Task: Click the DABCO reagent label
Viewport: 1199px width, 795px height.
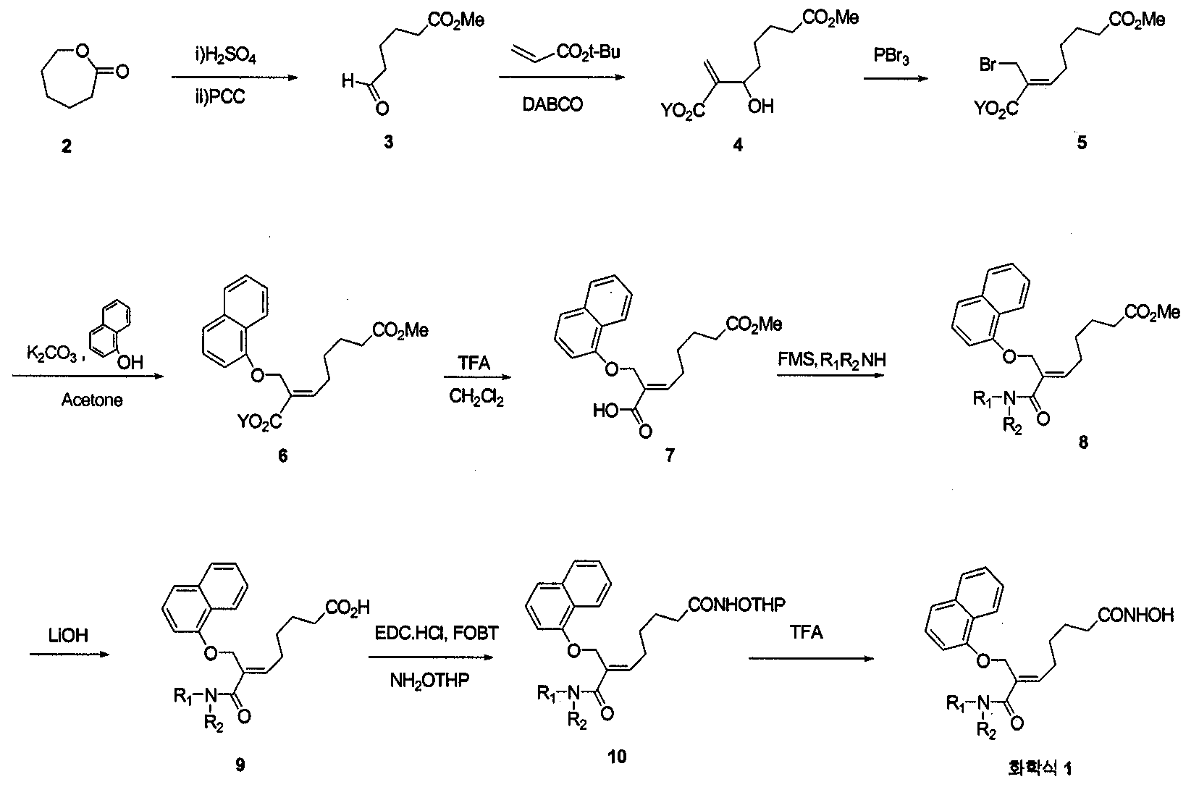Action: tap(552, 104)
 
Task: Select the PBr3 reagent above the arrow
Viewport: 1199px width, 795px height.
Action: tap(891, 56)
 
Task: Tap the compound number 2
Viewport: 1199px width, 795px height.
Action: tap(67, 146)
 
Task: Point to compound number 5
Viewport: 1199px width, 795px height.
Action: tap(1082, 143)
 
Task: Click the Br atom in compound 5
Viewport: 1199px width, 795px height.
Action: tap(988, 64)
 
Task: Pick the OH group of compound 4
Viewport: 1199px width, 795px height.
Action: tap(761, 106)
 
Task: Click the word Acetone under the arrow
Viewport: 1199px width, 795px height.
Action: tap(91, 400)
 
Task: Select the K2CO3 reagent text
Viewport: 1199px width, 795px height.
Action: tap(53, 354)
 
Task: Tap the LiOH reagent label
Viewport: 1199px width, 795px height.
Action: tap(68, 636)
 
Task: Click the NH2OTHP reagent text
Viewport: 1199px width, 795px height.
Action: tap(429, 681)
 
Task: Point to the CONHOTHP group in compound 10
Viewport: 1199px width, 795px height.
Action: tap(736, 605)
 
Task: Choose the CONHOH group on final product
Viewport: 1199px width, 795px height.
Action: tap(1136, 615)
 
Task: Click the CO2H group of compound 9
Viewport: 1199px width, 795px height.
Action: tap(348, 607)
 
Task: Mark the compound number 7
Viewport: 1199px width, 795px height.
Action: tap(670, 455)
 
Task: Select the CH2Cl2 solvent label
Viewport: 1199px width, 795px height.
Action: tap(476, 397)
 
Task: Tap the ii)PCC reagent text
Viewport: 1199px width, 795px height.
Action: tap(220, 96)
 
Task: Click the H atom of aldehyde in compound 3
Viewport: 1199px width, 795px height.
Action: tap(348, 81)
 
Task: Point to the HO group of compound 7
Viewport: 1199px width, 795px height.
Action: tap(605, 411)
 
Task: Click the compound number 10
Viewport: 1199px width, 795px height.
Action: tap(617, 757)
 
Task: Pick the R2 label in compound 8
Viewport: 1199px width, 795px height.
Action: tap(1011, 427)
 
